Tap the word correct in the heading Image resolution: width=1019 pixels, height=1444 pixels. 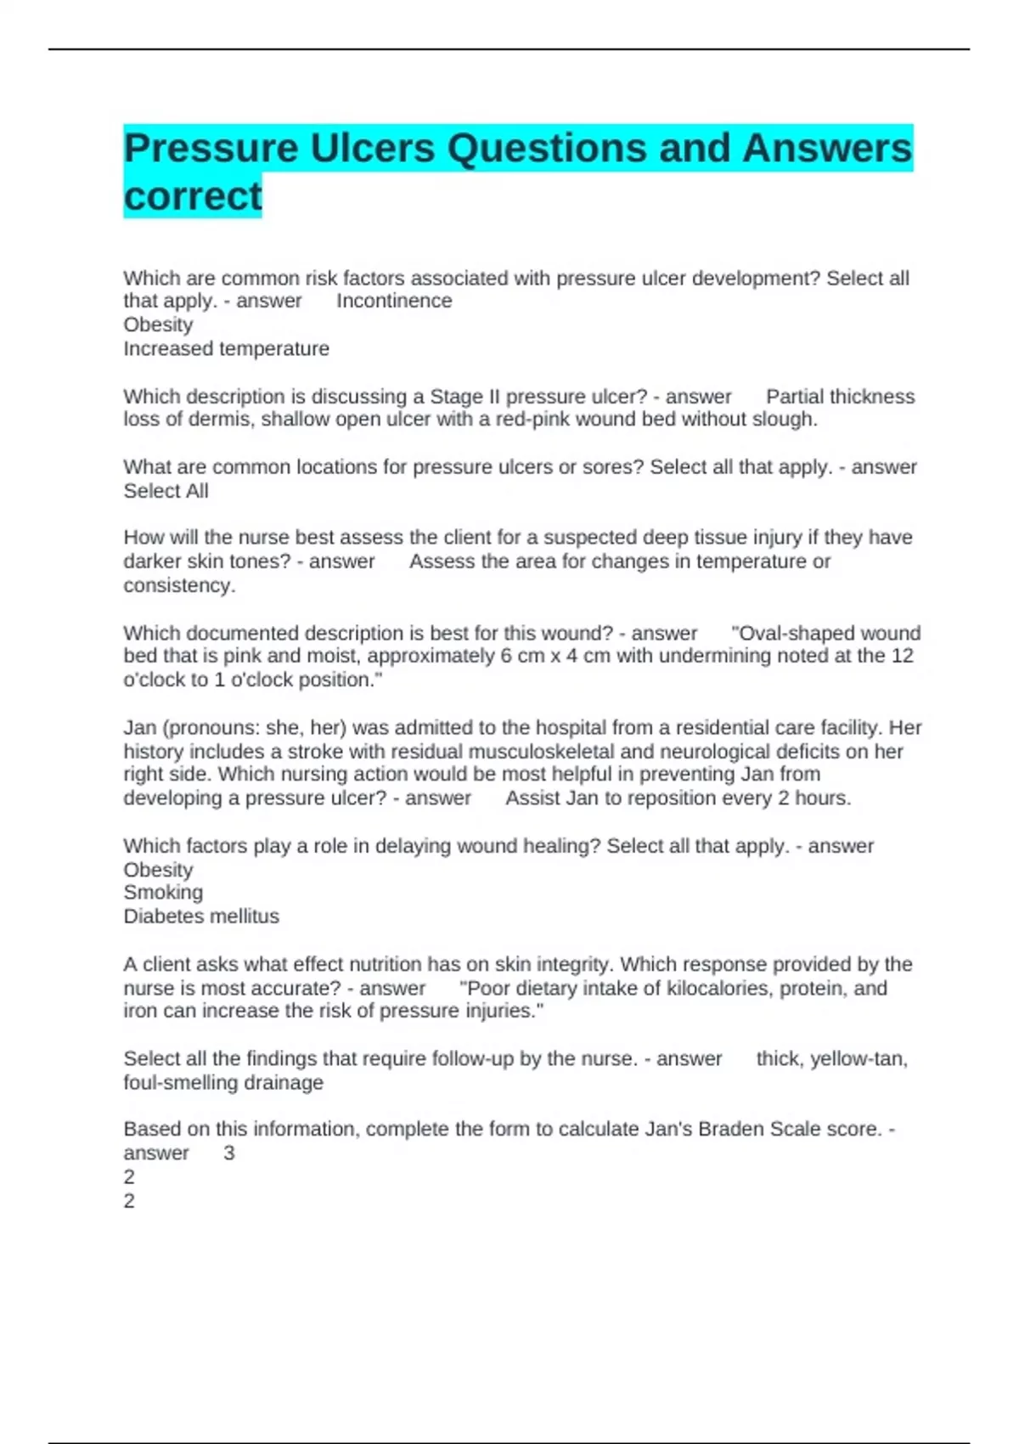click(x=193, y=196)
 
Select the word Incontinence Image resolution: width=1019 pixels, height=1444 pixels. click(x=394, y=301)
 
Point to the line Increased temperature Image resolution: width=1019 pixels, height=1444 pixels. click(x=226, y=348)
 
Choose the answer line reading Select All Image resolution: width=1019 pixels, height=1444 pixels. click(x=166, y=491)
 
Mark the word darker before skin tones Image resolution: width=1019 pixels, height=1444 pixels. click(x=158, y=561)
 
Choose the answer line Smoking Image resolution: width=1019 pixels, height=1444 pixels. click(x=163, y=892)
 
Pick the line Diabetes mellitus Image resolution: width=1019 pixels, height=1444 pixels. click(x=201, y=917)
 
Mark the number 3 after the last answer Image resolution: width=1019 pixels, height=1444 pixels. click(x=228, y=1153)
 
